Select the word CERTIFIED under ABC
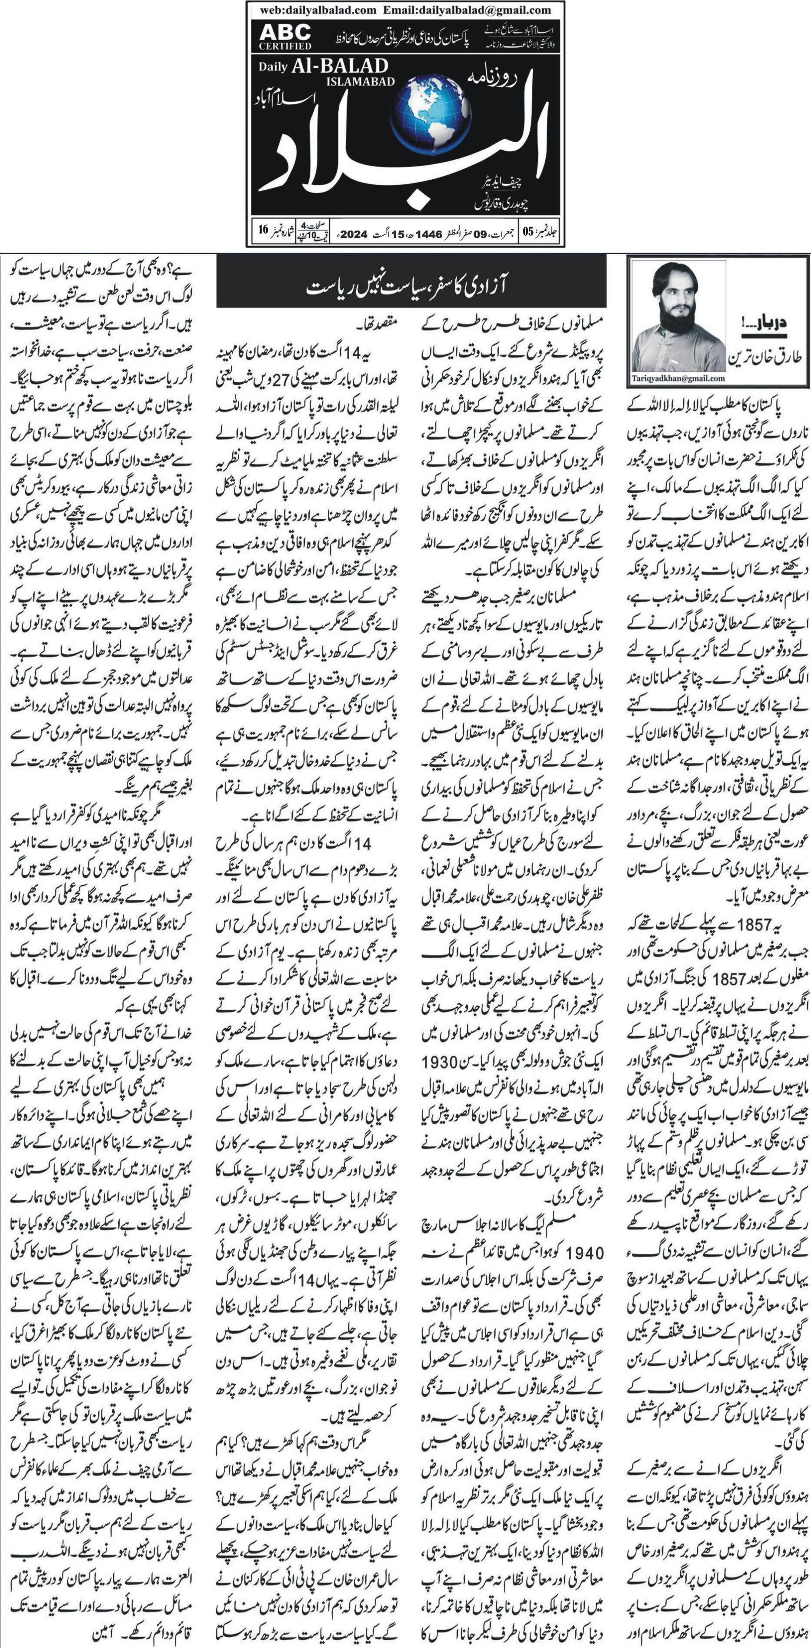(x=285, y=46)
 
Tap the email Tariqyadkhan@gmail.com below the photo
(x=678, y=379)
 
